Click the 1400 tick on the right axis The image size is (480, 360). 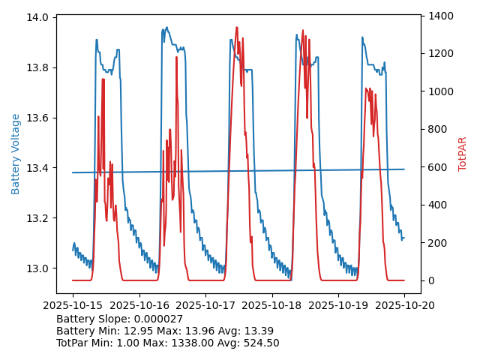442,16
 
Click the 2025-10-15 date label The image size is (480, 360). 73,305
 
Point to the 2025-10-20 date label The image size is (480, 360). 404,305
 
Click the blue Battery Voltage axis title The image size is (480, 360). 16,154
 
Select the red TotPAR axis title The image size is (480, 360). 463,154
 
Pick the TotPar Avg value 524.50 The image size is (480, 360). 262,343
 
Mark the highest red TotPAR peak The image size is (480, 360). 237,28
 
